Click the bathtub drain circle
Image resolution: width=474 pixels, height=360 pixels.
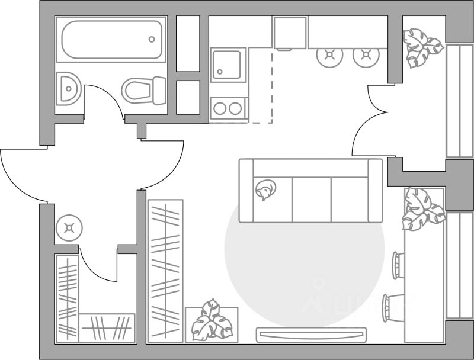[152, 39]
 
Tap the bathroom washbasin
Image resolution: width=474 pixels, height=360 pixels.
[69, 89]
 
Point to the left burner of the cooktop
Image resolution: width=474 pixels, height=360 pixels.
[220, 108]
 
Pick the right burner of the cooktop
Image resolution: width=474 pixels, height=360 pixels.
[236, 108]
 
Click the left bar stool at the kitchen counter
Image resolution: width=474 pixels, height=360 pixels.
[329, 56]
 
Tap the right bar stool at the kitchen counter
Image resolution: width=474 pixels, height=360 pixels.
[365, 56]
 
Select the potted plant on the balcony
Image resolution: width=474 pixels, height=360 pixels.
[422, 47]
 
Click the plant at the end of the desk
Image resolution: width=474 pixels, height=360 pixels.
[422, 209]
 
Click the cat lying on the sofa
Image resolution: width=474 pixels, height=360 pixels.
[265, 190]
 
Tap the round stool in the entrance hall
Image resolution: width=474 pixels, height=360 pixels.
[69, 228]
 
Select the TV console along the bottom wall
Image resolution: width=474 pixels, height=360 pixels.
[310, 334]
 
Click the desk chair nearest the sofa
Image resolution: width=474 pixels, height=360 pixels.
[398, 265]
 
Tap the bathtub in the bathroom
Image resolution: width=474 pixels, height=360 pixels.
[112, 40]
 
